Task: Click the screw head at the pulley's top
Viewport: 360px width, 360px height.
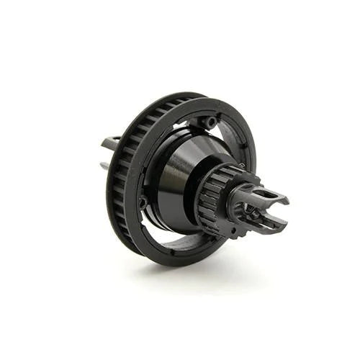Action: (x=210, y=122)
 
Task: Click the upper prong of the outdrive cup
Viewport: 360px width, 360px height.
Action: (x=270, y=194)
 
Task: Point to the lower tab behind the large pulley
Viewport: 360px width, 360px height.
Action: (x=106, y=166)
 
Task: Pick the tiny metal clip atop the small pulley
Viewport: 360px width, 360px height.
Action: (x=243, y=166)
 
